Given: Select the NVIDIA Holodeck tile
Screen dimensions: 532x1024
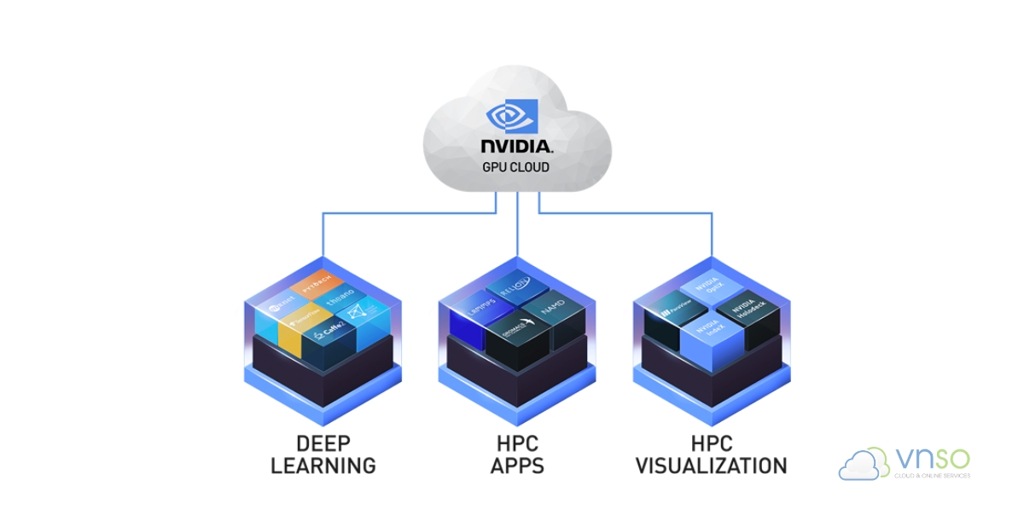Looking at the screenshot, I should point(744,310).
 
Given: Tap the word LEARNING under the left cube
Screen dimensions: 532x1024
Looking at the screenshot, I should point(323,465).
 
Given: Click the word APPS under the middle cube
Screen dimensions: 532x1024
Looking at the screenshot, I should point(517,465).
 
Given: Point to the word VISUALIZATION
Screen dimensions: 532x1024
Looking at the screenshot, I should point(712,465).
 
